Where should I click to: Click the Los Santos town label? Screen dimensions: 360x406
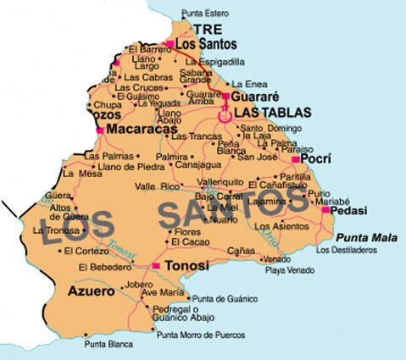click(206, 44)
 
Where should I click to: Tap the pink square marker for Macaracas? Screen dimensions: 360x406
click(101, 130)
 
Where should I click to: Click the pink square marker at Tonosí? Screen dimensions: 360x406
click(155, 266)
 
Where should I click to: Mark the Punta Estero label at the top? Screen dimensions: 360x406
click(207, 14)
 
